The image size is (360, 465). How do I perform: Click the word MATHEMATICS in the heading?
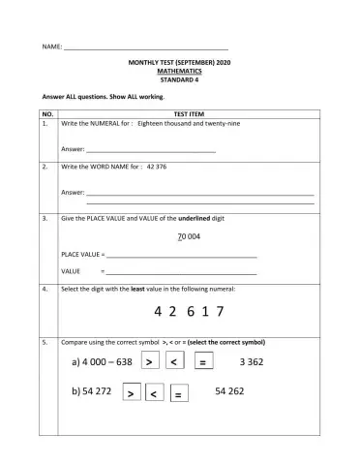[x=180, y=71]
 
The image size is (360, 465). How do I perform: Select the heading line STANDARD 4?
[x=180, y=79]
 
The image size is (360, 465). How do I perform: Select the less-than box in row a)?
[x=175, y=361]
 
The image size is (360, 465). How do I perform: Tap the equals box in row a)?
[x=203, y=361]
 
